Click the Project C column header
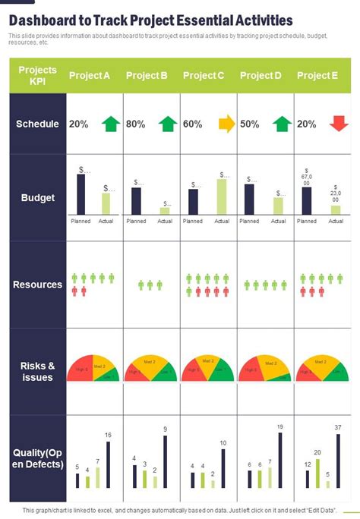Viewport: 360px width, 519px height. click(204, 75)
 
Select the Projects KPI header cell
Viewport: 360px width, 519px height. click(37, 75)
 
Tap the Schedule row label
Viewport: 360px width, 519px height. click(37, 124)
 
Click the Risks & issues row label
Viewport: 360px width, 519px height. click(37, 371)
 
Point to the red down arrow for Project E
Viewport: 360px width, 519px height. click(339, 124)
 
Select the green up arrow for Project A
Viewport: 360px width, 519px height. click(112, 124)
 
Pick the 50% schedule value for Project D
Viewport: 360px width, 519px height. click(250, 124)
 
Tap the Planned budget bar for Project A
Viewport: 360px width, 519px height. click(81, 194)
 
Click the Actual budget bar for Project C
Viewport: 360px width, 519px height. click(222, 197)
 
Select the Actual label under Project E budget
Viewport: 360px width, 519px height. click(336, 222)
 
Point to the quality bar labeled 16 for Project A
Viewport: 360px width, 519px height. click(108, 464)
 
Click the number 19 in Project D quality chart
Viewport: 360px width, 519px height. click(279, 426)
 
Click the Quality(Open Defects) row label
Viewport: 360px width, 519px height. click(37, 458)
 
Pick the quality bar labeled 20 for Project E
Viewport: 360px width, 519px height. click(317, 473)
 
